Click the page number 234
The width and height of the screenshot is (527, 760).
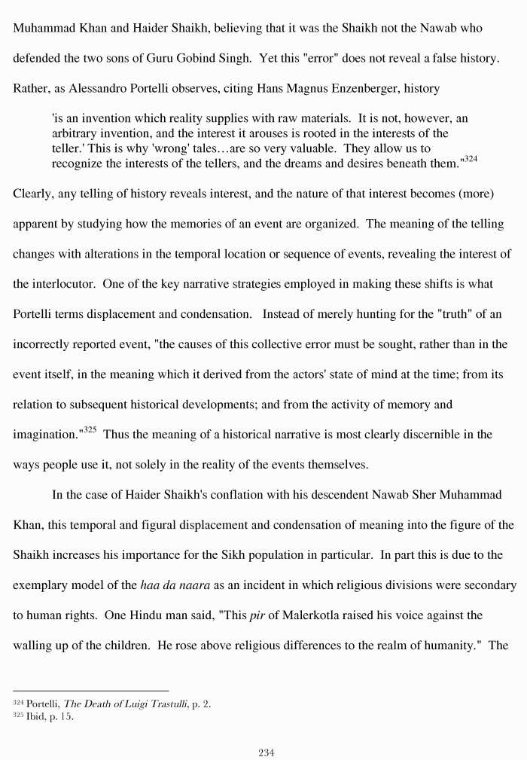coord(267,752)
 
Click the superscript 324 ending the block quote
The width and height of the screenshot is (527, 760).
coord(470,159)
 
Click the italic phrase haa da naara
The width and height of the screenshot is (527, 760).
coord(176,585)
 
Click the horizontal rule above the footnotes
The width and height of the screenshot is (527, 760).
coord(90,691)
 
